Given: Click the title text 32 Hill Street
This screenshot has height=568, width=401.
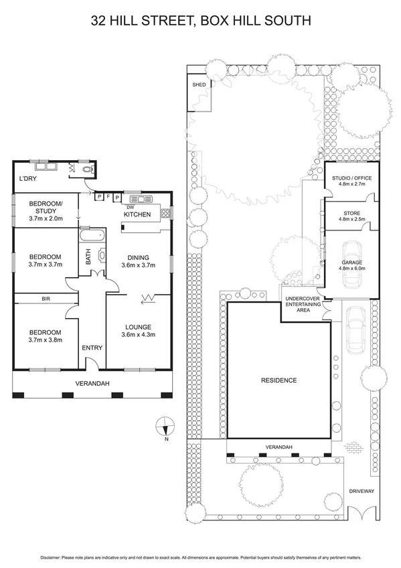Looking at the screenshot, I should [200, 21].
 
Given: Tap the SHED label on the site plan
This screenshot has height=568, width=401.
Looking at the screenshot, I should [199, 85].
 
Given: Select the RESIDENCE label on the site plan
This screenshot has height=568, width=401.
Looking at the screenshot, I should [278, 380].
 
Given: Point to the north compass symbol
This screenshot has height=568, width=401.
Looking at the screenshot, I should [165, 425].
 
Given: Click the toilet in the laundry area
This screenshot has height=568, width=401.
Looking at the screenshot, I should [86, 171].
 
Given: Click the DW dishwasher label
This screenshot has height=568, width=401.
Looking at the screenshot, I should [131, 207].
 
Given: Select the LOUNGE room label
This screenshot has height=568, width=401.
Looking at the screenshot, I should [139, 327].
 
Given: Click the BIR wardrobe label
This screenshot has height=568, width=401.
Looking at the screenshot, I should [46, 299].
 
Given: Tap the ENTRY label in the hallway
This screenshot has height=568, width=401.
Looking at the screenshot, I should [92, 348].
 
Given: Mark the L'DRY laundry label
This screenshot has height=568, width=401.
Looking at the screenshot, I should [28, 179].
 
